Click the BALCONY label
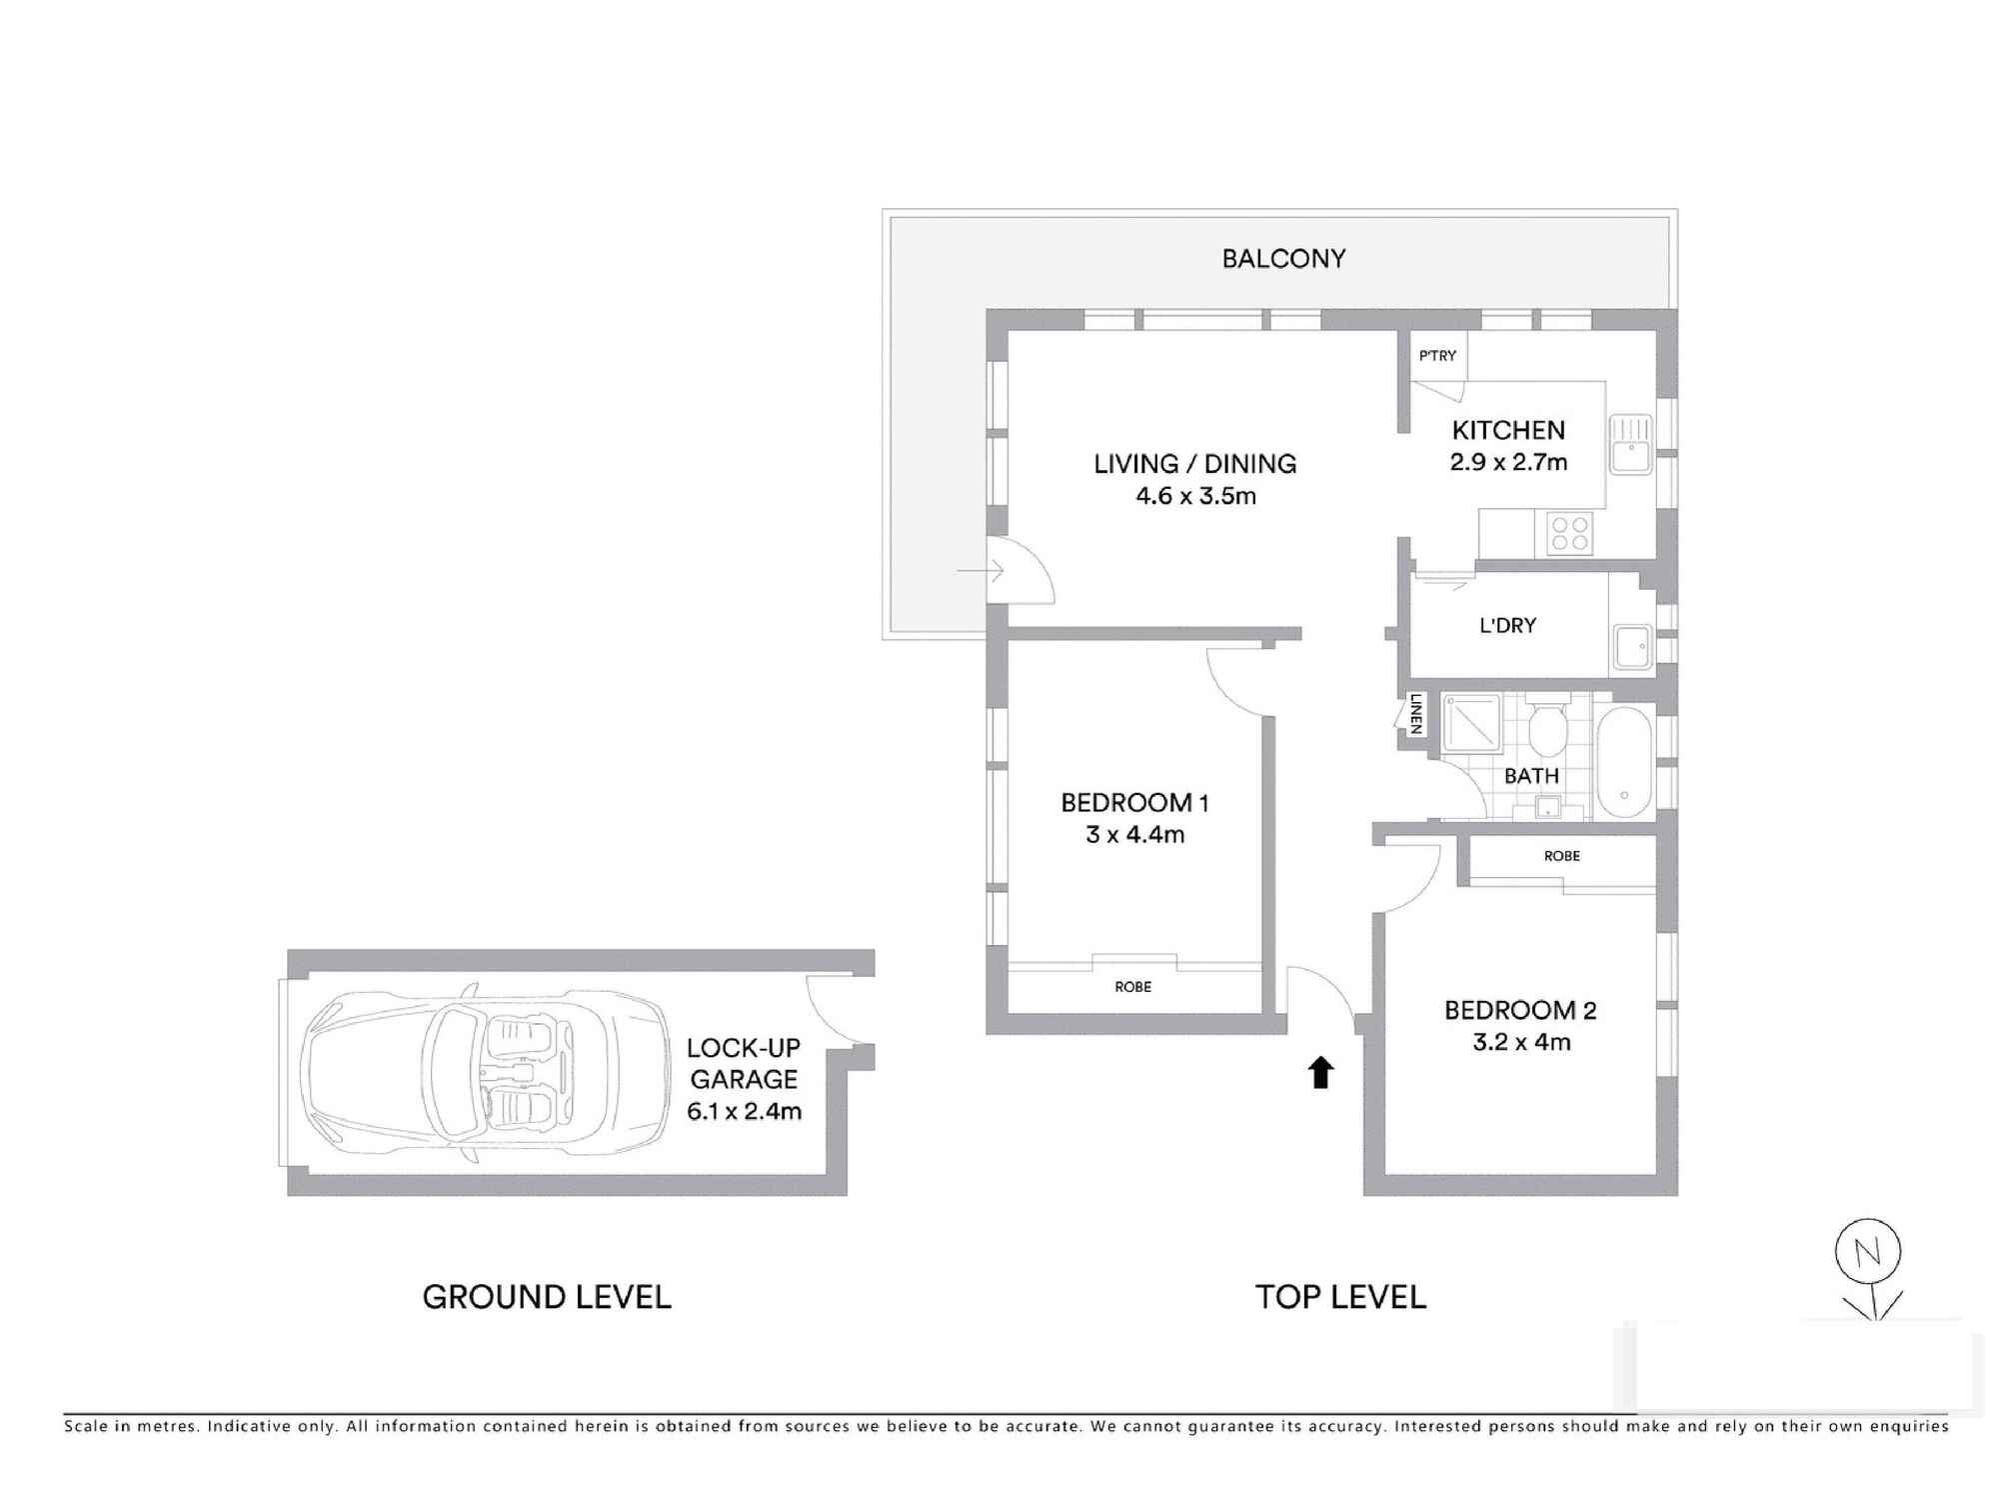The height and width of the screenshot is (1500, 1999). coord(1283,259)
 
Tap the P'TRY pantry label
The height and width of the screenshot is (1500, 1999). coord(1437,356)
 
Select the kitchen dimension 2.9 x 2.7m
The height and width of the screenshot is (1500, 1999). coord(1508,462)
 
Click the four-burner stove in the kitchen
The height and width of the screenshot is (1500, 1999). coord(1569,532)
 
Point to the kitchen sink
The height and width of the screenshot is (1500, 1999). coord(1630,445)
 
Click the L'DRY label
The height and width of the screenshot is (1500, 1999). coord(1507,626)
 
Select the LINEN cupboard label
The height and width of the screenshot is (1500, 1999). coord(1415,715)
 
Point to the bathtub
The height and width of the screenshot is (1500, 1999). coord(1624,763)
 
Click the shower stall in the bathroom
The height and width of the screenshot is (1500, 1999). coord(1471,723)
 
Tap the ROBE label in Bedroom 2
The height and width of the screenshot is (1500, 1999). coord(1561,856)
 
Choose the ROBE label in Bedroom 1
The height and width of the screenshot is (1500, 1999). coord(1132,987)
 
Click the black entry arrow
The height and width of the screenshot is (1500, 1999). coord(1320,1072)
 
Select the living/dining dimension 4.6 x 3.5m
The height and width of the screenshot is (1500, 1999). coord(1195,496)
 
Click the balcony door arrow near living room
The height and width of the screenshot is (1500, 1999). coord(981,572)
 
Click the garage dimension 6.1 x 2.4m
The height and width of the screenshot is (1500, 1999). coord(744,1111)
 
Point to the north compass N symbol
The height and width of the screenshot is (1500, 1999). coord(1867,1252)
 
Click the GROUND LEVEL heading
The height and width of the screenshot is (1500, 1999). coord(547,1297)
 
